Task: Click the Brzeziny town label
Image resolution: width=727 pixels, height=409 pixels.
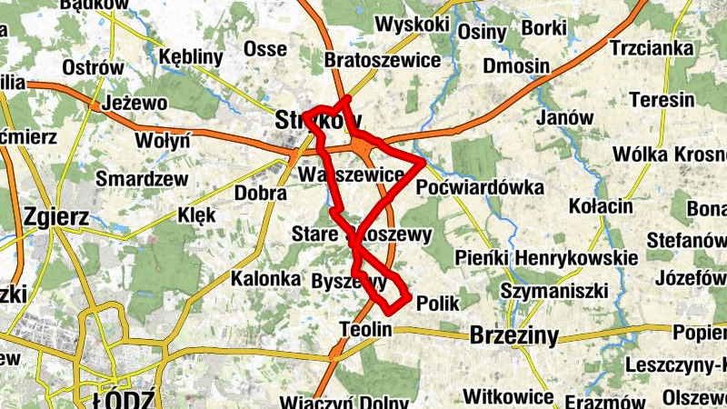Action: (x=514, y=335)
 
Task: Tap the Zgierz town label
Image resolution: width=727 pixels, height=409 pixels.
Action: (x=56, y=217)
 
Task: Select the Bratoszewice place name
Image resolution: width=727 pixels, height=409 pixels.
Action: (x=383, y=61)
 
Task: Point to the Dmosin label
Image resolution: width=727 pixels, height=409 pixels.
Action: (x=516, y=65)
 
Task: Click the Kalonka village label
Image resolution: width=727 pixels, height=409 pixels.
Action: (x=265, y=279)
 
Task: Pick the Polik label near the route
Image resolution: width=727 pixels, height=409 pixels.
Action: (x=437, y=304)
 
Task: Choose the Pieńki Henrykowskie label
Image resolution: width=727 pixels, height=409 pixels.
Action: (x=547, y=258)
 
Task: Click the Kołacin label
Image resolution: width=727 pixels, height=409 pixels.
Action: (x=601, y=206)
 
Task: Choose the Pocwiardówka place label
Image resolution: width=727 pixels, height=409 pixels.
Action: (x=479, y=187)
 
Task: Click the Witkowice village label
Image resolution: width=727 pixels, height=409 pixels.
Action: (x=508, y=397)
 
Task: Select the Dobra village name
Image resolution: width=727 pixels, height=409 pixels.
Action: (x=261, y=193)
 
